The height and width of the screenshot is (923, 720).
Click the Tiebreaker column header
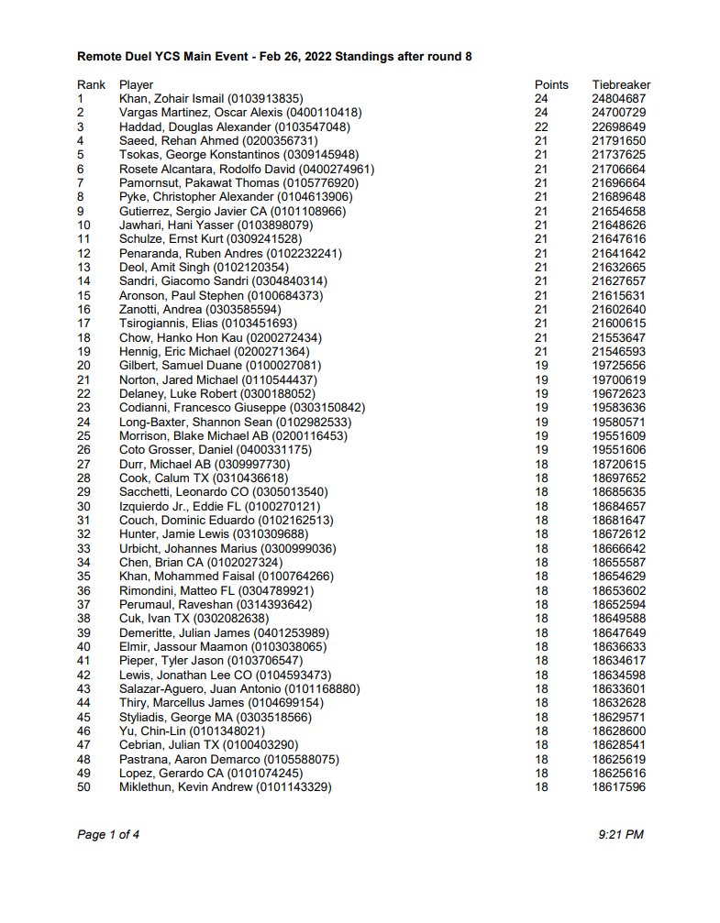[x=621, y=85]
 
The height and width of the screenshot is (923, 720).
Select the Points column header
[x=551, y=85]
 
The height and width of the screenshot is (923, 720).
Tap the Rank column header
[x=91, y=85]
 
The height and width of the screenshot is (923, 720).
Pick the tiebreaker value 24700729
[x=619, y=113]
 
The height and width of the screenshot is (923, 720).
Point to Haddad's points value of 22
[x=542, y=126]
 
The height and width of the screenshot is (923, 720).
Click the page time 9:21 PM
[x=620, y=834]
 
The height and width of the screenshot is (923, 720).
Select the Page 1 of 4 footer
[x=108, y=834]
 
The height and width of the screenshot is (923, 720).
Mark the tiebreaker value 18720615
[x=619, y=464]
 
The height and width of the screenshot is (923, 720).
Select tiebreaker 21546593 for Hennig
[x=619, y=351]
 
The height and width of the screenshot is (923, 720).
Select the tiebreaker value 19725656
[x=619, y=365]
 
